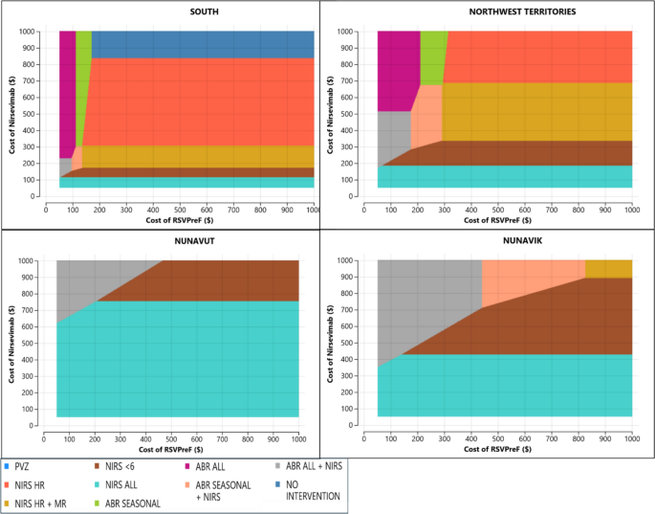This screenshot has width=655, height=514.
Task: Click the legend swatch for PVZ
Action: (x=11, y=466)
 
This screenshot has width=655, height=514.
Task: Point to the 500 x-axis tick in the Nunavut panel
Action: (x=171, y=437)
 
